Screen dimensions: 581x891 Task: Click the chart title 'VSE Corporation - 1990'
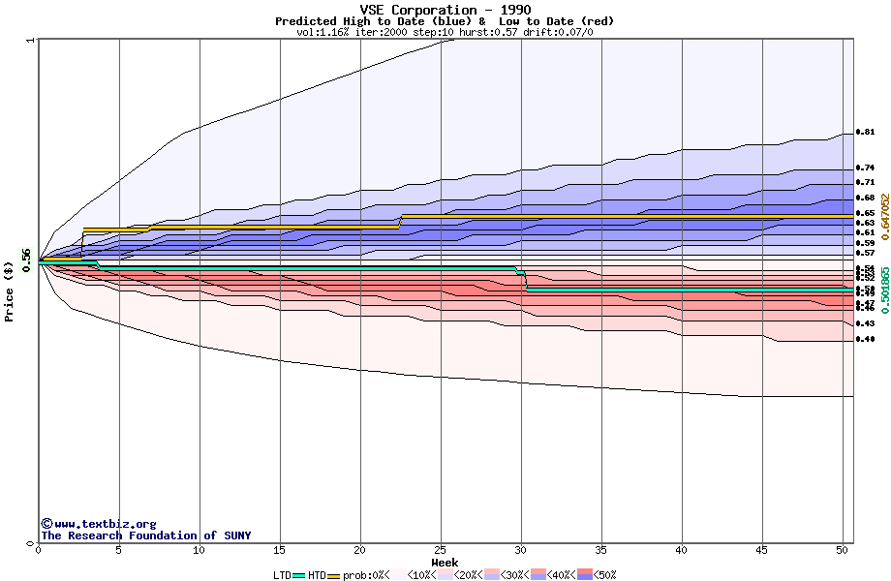pyautogui.click(x=445, y=10)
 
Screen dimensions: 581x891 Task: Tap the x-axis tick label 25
pyautogui.click(x=441, y=550)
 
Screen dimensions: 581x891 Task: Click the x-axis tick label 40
pyautogui.click(x=682, y=550)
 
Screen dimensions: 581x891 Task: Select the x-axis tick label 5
pyautogui.click(x=119, y=550)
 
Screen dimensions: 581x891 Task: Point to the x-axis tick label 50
pyautogui.click(x=843, y=550)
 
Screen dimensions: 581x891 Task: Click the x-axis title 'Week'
pyautogui.click(x=445, y=562)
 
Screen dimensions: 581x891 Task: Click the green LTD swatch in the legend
pyautogui.click(x=298, y=575)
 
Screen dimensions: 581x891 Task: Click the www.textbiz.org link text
pyautogui.click(x=98, y=524)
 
